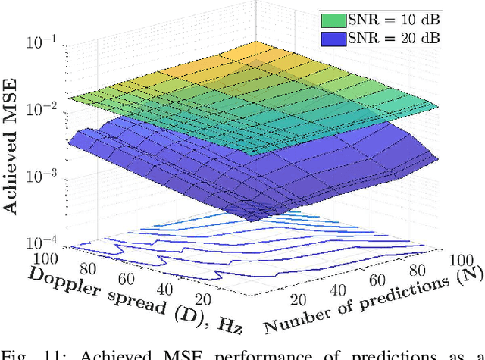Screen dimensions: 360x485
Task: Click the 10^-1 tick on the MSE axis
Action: [42, 43]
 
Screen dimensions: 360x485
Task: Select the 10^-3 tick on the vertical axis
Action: [42, 176]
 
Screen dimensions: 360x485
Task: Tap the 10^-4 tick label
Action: [42, 243]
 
